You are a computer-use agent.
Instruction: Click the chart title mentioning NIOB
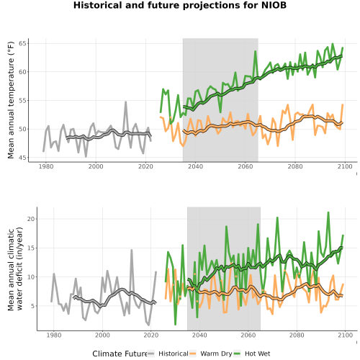(180, 5)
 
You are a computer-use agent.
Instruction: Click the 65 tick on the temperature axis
(24, 43)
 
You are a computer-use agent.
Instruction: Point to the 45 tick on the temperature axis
(24, 158)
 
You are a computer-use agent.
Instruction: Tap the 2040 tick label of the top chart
(195, 166)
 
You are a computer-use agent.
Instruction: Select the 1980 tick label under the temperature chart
(46, 166)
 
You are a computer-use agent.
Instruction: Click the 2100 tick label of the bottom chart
(345, 335)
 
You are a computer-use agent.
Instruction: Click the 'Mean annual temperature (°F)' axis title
(11, 100)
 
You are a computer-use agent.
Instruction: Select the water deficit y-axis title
(15, 269)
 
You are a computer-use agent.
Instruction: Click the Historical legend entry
(168, 354)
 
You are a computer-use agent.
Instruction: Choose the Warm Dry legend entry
(211, 354)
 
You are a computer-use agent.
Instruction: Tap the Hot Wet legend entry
(252, 354)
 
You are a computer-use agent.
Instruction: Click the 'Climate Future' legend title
(120, 354)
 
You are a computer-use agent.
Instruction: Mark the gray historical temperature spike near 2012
(125, 102)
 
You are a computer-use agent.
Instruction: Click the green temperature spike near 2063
(256, 51)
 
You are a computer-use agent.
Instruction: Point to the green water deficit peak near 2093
(328, 212)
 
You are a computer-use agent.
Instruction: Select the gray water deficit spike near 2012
(132, 250)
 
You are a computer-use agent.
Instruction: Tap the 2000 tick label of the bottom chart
(102, 335)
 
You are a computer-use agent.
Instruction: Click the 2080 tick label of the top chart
(295, 166)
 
